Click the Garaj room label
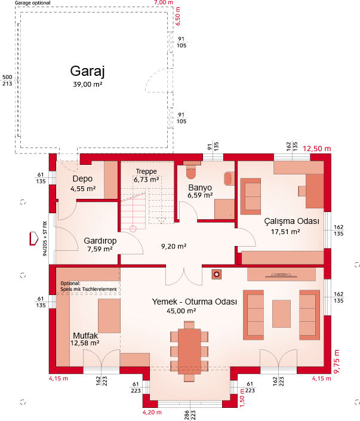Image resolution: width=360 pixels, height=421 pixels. (x=88, y=72)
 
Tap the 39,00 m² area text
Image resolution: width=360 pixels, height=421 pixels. (x=88, y=85)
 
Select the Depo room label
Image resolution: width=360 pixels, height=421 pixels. (x=82, y=179)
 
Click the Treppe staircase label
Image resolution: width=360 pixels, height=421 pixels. (x=146, y=171)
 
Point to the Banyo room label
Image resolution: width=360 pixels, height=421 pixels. (x=200, y=188)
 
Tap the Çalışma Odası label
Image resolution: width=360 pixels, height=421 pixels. (x=292, y=221)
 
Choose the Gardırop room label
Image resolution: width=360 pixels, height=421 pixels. (x=100, y=241)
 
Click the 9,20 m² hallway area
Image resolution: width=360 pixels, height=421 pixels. (x=174, y=246)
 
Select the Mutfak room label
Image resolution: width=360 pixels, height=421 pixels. (x=85, y=336)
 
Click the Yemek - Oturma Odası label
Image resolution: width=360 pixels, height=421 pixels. (x=195, y=302)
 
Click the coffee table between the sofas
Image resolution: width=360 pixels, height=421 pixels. (x=281, y=314)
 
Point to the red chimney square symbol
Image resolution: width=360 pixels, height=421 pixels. (x=217, y=275)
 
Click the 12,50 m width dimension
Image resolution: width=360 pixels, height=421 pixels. (x=317, y=149)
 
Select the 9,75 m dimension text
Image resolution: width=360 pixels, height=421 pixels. (x=336, y=361)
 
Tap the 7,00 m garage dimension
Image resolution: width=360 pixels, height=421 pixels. (x=164, y=2)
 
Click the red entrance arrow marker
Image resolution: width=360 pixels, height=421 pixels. (x=34, y=238)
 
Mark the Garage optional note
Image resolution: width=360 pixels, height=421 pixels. (x=32, y=3)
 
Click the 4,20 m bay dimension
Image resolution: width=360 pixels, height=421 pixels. (x=152, y=413)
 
